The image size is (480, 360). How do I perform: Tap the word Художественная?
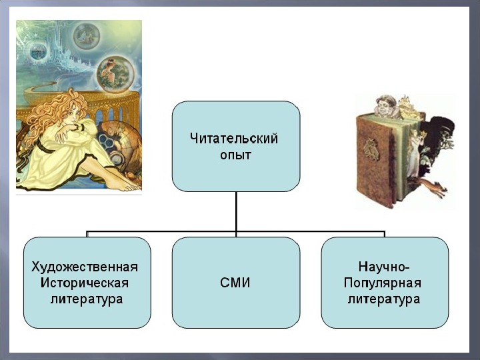(x=85, y=267)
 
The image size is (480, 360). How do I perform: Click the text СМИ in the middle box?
(x=235, y=283)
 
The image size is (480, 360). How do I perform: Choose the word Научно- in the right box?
(x=384, y=267)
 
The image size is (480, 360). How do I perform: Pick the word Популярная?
(x=384, y=283)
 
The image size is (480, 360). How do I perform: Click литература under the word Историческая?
(x=86, y=299)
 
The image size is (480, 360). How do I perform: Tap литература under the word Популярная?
(x=384, y=299)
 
